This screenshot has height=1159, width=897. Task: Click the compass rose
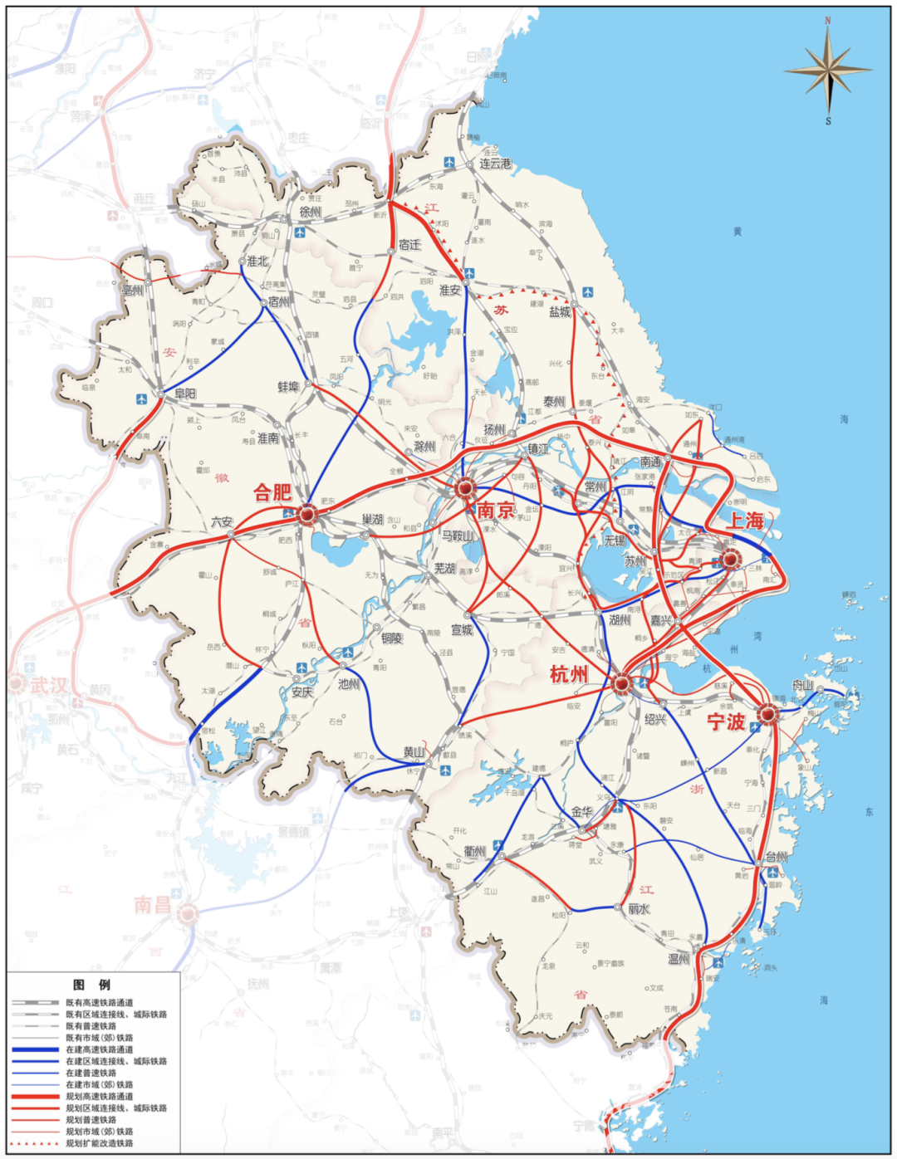[828, 71]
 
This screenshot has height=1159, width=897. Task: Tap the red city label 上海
[745, 521]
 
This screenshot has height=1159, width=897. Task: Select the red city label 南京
[495, 510]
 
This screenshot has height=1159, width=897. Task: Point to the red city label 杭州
[569, 674]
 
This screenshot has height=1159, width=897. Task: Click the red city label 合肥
[272, 492]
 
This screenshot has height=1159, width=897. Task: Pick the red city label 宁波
[726, 721]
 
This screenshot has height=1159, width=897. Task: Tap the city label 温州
[679, 959]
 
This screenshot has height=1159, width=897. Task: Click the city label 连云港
[495, 164]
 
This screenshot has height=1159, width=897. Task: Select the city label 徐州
[311, 212]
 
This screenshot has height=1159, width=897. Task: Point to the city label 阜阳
[185, 394]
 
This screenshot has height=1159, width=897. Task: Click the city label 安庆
[302, 692]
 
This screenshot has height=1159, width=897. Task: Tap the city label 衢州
[475, 851]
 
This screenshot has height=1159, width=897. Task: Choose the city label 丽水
[638, 909]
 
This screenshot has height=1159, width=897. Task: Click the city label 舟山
[802, 685]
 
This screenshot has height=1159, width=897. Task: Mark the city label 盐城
[560, 312]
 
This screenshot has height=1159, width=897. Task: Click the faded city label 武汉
[48, 685]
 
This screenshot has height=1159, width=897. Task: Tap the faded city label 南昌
[154, 904]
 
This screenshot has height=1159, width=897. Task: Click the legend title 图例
[91, 985]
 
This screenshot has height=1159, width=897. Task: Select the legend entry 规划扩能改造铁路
[99, 1143]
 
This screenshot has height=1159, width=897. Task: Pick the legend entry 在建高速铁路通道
[99, 1049]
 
